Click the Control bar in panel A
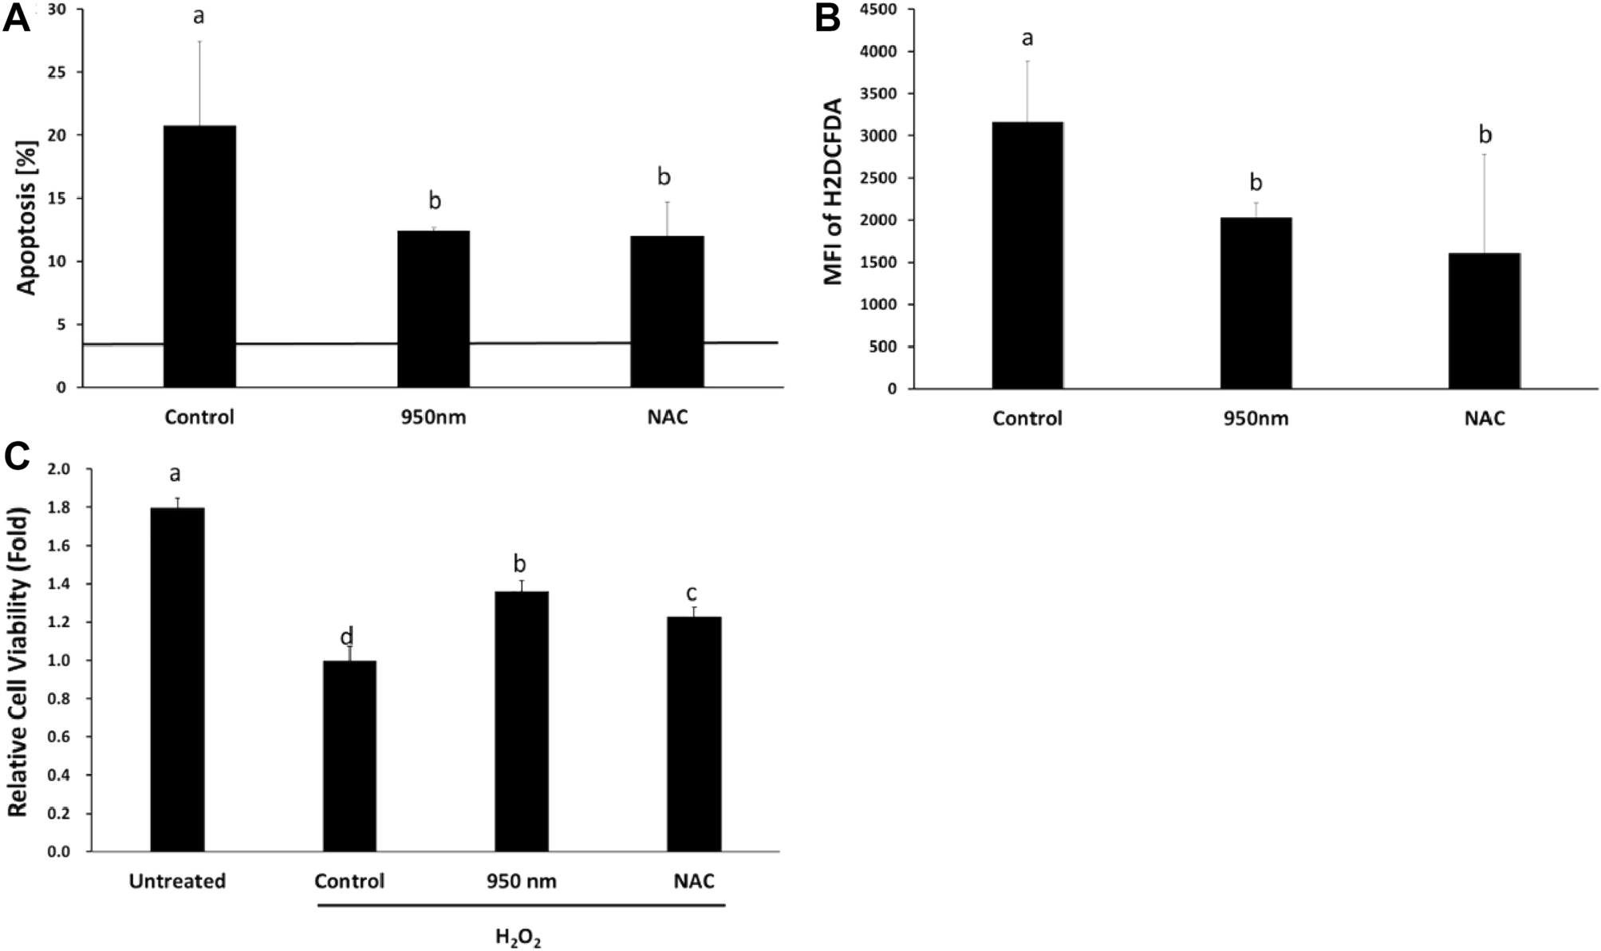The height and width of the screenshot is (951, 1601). [199, 255]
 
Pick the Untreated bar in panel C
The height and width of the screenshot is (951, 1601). [177, 679]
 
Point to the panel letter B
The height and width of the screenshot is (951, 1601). [827, 18]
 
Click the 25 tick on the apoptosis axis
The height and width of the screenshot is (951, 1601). [61, 73]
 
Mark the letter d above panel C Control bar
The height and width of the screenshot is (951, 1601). [347, 637]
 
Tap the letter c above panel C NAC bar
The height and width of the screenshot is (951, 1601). [692, 593]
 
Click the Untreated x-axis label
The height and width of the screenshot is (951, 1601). [177, 881]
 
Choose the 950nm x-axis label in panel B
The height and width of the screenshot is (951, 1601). [1256, 418]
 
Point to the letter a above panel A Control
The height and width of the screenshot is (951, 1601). [199, 15]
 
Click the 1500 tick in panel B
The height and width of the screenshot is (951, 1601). [879, 262]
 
